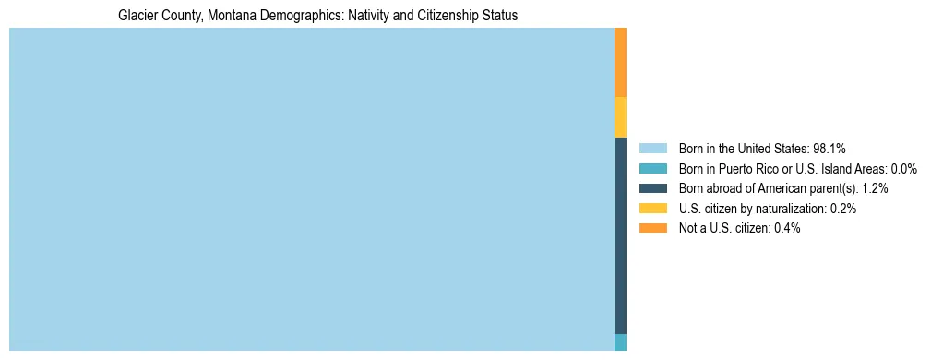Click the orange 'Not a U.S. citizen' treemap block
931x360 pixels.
click(620, 62)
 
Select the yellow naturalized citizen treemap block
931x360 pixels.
click(620, 117)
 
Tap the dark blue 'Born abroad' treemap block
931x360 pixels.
click(620, 235)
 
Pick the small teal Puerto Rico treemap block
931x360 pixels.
click(620, 342)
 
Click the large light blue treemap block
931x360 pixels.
click(311, 189)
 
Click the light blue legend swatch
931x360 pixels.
click(652, 149)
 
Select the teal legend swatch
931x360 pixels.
click(652, 169)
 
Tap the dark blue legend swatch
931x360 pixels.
click(652, 188)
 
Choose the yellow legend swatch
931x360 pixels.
click(652, 209)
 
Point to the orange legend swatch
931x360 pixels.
click(652, 228)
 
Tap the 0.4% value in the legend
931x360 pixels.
click(787, 228)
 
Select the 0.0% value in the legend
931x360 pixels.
click(903, 169)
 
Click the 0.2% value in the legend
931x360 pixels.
click(842, 209)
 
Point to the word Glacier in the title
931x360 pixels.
click(137, 16)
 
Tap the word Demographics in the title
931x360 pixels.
click(290, 16)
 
